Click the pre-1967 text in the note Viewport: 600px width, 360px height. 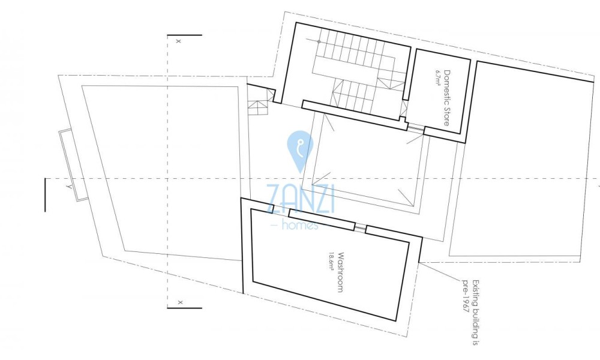coord(466,296)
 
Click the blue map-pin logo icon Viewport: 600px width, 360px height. coord(301,151)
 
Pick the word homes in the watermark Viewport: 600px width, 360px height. coord(300,225)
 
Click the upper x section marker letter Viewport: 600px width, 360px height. coord(178,41)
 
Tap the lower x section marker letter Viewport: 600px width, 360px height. coord(180,302)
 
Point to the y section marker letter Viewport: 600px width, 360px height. coord(69,187)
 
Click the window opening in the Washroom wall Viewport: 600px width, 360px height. coord(360,227)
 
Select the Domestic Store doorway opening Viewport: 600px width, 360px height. coord(416,130)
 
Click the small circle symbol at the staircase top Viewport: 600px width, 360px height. coord(319,41)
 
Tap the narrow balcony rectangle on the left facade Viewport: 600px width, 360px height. coord(73,165)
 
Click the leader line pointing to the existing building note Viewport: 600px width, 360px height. coord(440,272)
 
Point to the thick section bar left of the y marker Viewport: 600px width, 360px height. coord(45,195)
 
